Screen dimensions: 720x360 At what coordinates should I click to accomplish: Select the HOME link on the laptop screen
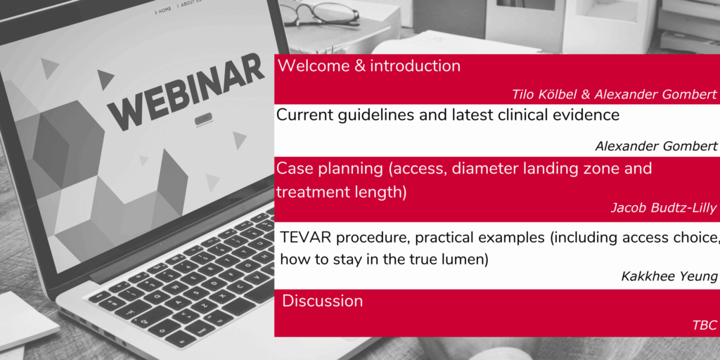[x=163, y=9]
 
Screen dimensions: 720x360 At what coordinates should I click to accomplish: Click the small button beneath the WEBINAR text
[x=203, y=120]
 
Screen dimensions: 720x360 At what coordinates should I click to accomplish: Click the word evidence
[x=586, y=115]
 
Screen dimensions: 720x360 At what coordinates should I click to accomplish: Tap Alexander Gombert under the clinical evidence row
[x=656, y=146]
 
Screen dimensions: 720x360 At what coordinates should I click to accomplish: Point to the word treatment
[x=307, y=192]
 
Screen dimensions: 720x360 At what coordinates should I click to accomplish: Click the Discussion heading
[x=322, y=301]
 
